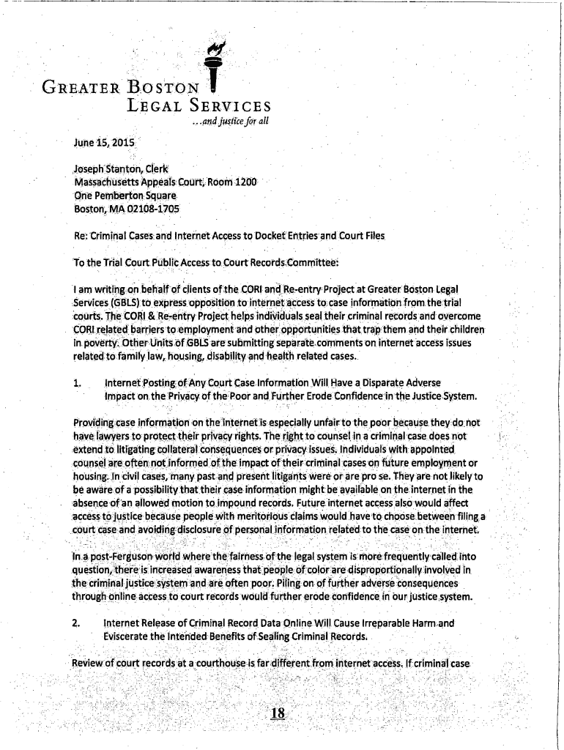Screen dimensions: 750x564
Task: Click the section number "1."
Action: (x=77, y=383)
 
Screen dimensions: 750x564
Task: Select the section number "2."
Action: (x=77, y=624)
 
